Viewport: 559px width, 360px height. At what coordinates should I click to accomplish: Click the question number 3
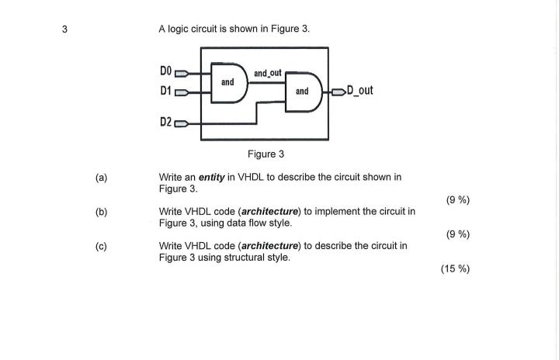point(65,29)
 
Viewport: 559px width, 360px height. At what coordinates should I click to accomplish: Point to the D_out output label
point(356,91)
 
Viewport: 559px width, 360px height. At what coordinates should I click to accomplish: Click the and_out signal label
point(267,73)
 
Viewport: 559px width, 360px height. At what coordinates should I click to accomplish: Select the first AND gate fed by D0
point(230,82)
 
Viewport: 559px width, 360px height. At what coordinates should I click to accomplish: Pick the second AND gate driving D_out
point(304,92)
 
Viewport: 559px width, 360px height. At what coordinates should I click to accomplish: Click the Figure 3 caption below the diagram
point(266,154)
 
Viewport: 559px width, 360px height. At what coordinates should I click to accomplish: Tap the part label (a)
point(101,177)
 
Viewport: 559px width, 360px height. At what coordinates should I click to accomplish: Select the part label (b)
point(101,211)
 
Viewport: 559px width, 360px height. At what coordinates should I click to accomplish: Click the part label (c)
point(101,246)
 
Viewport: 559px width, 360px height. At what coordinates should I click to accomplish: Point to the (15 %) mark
point(454,269)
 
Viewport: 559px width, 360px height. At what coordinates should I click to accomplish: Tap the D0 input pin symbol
point(182,74)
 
